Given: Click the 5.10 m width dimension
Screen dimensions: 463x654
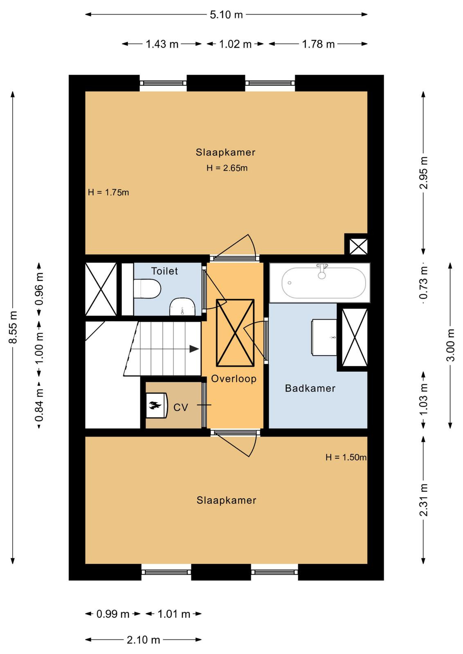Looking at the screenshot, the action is [226, 15].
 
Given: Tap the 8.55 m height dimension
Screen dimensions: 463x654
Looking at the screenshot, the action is [13, 327].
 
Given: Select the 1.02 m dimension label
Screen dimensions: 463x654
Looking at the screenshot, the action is [235, 44].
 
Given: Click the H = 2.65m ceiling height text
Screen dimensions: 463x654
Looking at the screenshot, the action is [227, 168].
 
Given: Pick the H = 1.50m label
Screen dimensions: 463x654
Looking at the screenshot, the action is [346, 457].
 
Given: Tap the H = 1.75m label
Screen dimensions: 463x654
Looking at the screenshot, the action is [108, 193].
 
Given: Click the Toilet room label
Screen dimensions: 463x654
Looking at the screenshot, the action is [164, 271].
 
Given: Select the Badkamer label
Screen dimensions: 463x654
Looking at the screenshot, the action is [310, 388].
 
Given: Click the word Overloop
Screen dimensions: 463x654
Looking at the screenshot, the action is [234, 379].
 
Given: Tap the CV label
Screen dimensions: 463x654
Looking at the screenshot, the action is [180, 407].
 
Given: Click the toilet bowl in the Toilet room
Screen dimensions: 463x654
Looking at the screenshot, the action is [147, 289].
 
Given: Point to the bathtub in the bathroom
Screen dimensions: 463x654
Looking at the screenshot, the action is [324, 283].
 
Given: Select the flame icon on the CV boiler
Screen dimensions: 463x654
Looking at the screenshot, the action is [155, 405].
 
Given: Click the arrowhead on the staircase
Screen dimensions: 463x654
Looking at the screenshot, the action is [194, 349].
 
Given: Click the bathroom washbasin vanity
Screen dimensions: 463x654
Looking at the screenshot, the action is [324, 337].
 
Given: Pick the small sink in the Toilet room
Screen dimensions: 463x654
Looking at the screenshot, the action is [182, 307].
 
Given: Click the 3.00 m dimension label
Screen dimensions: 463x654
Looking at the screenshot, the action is [450, 345].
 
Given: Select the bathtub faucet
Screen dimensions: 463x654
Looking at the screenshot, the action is [321, 271].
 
